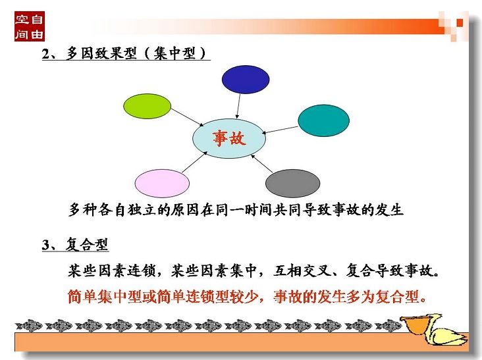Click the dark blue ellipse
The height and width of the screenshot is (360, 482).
coord(246,79)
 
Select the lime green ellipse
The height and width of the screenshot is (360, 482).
coord(147,106)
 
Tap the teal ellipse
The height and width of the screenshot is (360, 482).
coord(324,120)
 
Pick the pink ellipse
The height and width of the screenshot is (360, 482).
coord(162,184)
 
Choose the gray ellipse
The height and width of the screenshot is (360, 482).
coord(292,184)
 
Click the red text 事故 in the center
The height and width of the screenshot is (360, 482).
coord(229,138)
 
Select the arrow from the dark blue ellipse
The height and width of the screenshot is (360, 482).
coord(238,106)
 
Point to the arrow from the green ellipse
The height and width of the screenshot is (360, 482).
coord(187,117)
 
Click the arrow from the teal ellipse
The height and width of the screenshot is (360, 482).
coord(280,130)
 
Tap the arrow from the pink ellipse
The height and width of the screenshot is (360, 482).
coord(194,162)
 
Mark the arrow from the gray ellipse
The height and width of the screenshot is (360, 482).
coord(262,164)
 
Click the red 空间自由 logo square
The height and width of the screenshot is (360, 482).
coord(30,26)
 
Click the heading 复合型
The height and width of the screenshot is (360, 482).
coord(87,245)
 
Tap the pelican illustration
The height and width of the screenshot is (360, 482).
coord(435,329)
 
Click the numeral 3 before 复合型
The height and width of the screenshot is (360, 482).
coord(46,245)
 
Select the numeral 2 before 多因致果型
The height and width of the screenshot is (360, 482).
coord(46,54)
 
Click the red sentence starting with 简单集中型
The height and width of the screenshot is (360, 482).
coord(248,297)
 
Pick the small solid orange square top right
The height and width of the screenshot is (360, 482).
coord(460,23)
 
